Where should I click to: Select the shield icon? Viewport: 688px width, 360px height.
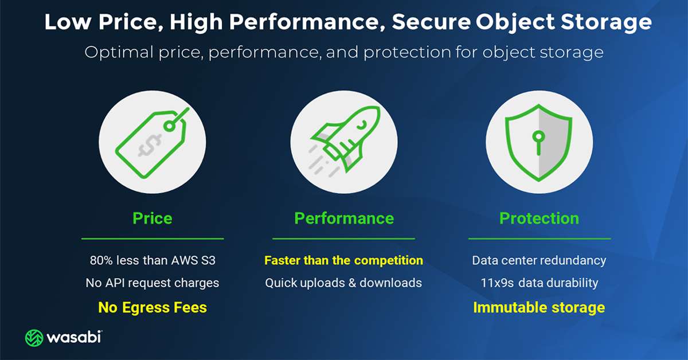pyautogui.click(x=539, y=143)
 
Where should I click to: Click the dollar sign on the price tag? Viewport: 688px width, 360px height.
pyautogui.click(x=150, y=145)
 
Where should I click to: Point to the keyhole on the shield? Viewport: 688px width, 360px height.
pyautogui.click(x=538, y=143)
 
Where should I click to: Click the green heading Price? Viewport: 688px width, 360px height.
pyautogui.click(x=153, y=218)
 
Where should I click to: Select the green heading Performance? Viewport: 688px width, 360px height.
pyautogui.click(x=344, y=218)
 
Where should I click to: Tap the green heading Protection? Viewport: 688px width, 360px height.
pyautogui.click(x=539, y=218)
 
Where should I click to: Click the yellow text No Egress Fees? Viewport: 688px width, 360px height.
pyautogui.click(x=153, y=307)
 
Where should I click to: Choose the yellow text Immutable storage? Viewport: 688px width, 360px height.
pyautogui.click(x=539, y=307)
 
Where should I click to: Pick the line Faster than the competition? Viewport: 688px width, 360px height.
pyautogui.click(x=343, y=260)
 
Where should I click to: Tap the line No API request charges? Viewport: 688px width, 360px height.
pyautogui.click(x=153, y=283)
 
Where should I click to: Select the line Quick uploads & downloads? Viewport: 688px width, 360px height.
pyautogui.click(x=343, y=283)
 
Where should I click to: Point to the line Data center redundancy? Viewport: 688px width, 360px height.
pyautogui.click(x=539, y=260)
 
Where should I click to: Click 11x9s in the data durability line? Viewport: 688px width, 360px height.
pyautogui.click(x=497, y=283)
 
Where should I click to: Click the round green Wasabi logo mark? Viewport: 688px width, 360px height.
pyautogui.click(x=34, y=338)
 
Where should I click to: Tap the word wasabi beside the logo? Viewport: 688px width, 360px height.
pyautogui.click(x=74, y=337)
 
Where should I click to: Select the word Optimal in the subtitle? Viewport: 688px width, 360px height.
pyautogui.click(x=119, y=52)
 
